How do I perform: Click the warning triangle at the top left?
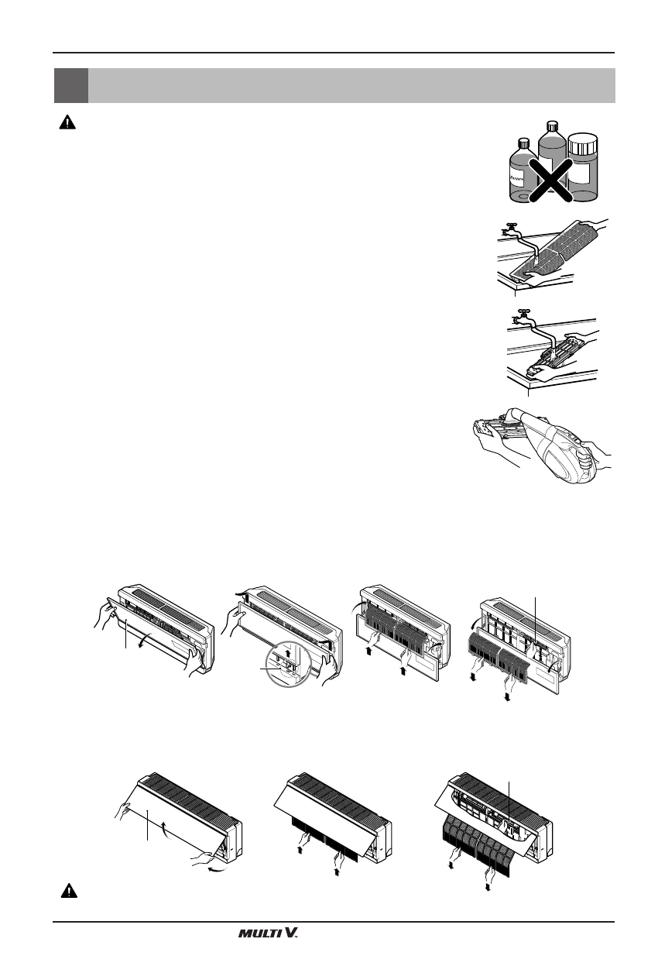(66, 123)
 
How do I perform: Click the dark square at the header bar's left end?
(70, 85)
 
